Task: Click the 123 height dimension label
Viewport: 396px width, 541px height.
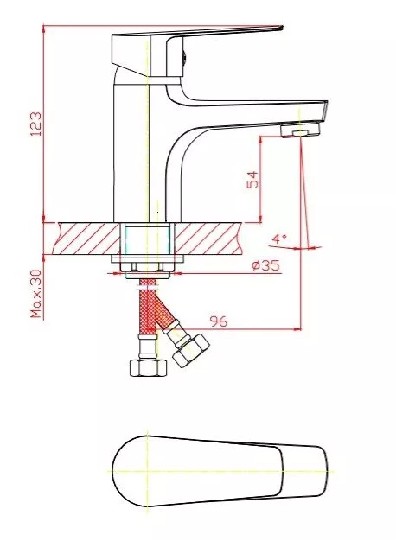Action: (36, 124)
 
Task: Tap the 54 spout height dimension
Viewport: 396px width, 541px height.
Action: (252, 179)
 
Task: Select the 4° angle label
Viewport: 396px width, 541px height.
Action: (279, 239)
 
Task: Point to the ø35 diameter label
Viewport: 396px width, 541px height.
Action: (265, 265)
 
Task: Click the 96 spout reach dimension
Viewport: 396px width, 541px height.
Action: (219, 321)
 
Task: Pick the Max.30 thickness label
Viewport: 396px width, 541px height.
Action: (36, 294)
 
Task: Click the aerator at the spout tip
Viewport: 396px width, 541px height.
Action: (300, 130)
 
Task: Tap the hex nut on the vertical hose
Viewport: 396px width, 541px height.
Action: (148, 367)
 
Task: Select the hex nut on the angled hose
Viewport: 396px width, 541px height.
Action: (191, 350)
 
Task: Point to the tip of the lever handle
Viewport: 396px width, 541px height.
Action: (282, 28)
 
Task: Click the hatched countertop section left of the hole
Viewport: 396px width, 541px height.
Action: (87, 239)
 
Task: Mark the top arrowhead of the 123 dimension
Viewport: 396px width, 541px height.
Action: (43, 29)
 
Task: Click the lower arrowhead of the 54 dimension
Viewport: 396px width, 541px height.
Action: (260, 219)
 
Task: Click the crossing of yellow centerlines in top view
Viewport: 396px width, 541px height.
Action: (148, 471)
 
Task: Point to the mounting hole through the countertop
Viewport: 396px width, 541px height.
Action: (148, 239)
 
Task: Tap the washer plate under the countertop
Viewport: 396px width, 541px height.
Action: (148, 258)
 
